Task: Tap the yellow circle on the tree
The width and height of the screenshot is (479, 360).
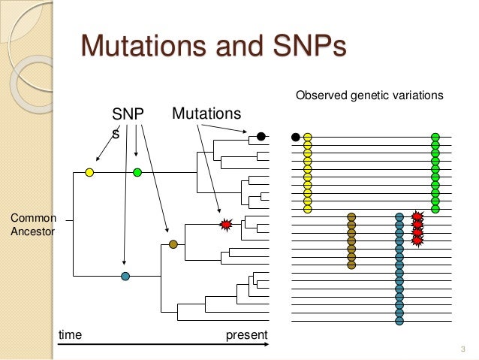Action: (89, 173)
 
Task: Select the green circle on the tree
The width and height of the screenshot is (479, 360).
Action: (137, 173)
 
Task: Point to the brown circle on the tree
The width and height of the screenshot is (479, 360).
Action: (173, 244)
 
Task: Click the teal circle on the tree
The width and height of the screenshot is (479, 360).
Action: (125, 276)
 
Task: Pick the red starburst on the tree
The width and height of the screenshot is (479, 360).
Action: (224, 224)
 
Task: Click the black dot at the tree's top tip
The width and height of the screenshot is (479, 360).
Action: (261, 137)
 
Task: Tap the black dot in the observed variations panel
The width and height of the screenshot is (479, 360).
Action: (296, 137)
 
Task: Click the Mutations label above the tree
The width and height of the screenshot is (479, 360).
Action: (206, 114)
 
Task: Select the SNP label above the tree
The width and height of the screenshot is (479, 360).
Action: (127, 114)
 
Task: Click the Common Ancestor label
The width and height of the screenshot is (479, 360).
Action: (32, 225)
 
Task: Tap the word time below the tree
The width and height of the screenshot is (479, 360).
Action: (70, 333)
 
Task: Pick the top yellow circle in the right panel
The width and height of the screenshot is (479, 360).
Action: (307, 137)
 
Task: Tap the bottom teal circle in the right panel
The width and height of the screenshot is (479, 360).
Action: (399, 321)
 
